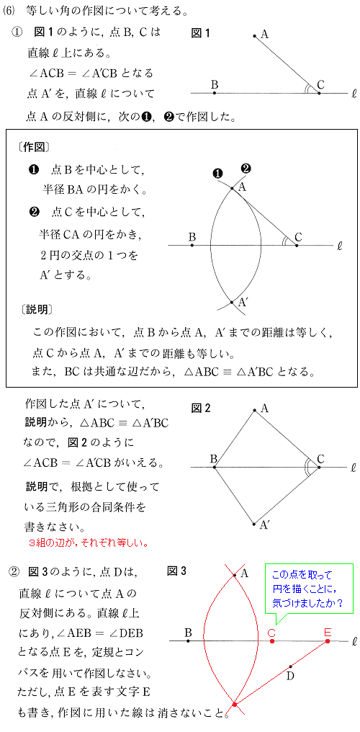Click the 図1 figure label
click(201, 33)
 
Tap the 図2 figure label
click(201, 409)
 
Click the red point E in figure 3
click(328, 640)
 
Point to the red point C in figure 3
click(271, 640)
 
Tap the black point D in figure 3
click(290, 666)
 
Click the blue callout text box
click(309, 588)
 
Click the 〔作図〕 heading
click(32, 147)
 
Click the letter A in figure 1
click(264, 33)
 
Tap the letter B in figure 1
click(215, 85)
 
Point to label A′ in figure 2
click(266, 527)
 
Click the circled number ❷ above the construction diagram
click(246, 169)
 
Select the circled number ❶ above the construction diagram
click(217, 173)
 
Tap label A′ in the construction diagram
click(243, 303)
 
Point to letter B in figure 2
click(213, 458)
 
